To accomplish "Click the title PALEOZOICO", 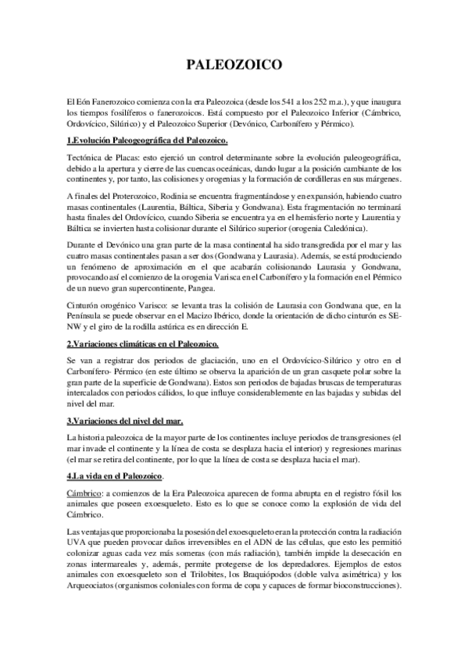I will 234,66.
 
